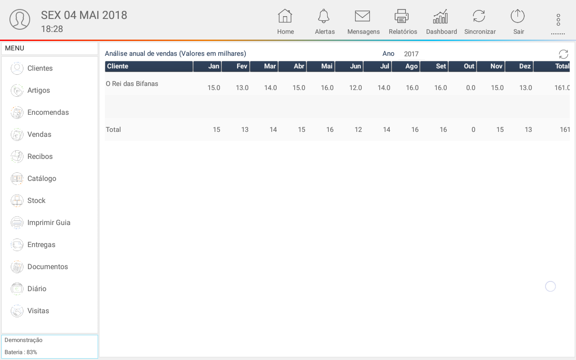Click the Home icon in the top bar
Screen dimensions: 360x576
point(285,17)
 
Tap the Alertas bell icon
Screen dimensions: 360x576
point(324,17)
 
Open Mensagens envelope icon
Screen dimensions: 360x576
point(362,17)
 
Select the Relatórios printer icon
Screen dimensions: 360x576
point(401,17)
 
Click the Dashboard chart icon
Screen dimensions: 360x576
point(441,17)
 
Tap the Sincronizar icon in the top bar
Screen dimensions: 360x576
point(479,17)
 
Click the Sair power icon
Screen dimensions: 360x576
point(517,17)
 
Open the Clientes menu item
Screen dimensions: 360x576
point(40,68)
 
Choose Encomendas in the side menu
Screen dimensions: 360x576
point(48,112)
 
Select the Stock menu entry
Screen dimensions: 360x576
point(36,201)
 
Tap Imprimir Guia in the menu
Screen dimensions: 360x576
point(49,223)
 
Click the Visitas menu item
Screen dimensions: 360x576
point(38,311)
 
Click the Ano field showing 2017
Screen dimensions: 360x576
point(411,54)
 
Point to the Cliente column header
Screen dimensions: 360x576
point(148,66)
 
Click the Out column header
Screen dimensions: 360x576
point(469,66)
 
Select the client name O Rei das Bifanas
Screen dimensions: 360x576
point(132,84)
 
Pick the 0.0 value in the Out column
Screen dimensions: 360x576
point(471,88)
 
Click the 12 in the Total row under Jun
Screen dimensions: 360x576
point(358,130)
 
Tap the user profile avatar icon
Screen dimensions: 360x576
point(20,19)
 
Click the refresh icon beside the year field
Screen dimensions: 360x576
point(563,54)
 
